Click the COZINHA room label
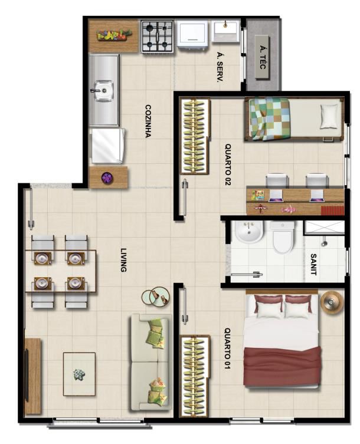click(148, 121)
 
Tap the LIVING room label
click(123, 260)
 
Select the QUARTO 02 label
click(228, 165)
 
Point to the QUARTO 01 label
click(227, 348)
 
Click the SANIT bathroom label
click(313, 264)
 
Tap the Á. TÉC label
click(262, 57)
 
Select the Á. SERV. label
click(219, 67)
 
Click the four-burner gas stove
click(158, 36)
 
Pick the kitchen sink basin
click(103, 90)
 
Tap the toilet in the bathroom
click(282, 237)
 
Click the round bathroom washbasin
click(248, 232)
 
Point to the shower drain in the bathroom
click(324, 244)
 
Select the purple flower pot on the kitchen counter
click(107, 178)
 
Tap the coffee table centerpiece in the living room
click(79, 374)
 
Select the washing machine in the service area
click(192, 35)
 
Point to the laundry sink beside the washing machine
click(225, 31)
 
